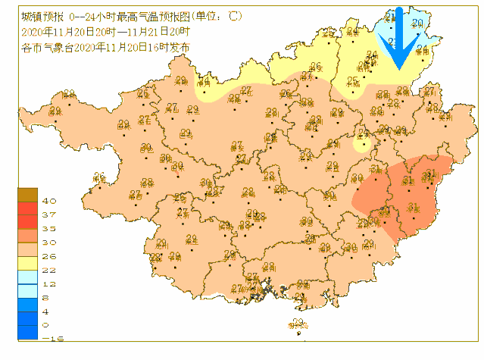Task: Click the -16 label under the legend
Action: click(x=48, y=338)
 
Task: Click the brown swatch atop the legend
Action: click(x=28, y=195)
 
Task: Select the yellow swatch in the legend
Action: click(x=28, y=262)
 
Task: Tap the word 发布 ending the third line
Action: click(x=179, y=47)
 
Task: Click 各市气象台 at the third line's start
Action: click(x=42, y=47)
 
